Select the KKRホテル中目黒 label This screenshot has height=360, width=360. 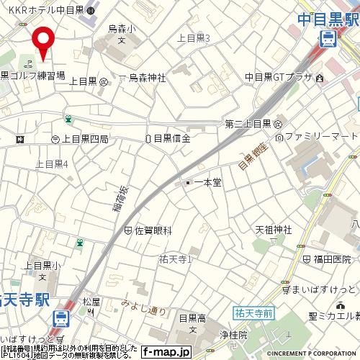point(42,11)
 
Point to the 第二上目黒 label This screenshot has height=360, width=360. point(248,124)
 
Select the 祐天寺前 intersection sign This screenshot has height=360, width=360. point(253,312)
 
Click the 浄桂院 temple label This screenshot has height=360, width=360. point(233,335)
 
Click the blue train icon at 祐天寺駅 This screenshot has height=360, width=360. point(62,317)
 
